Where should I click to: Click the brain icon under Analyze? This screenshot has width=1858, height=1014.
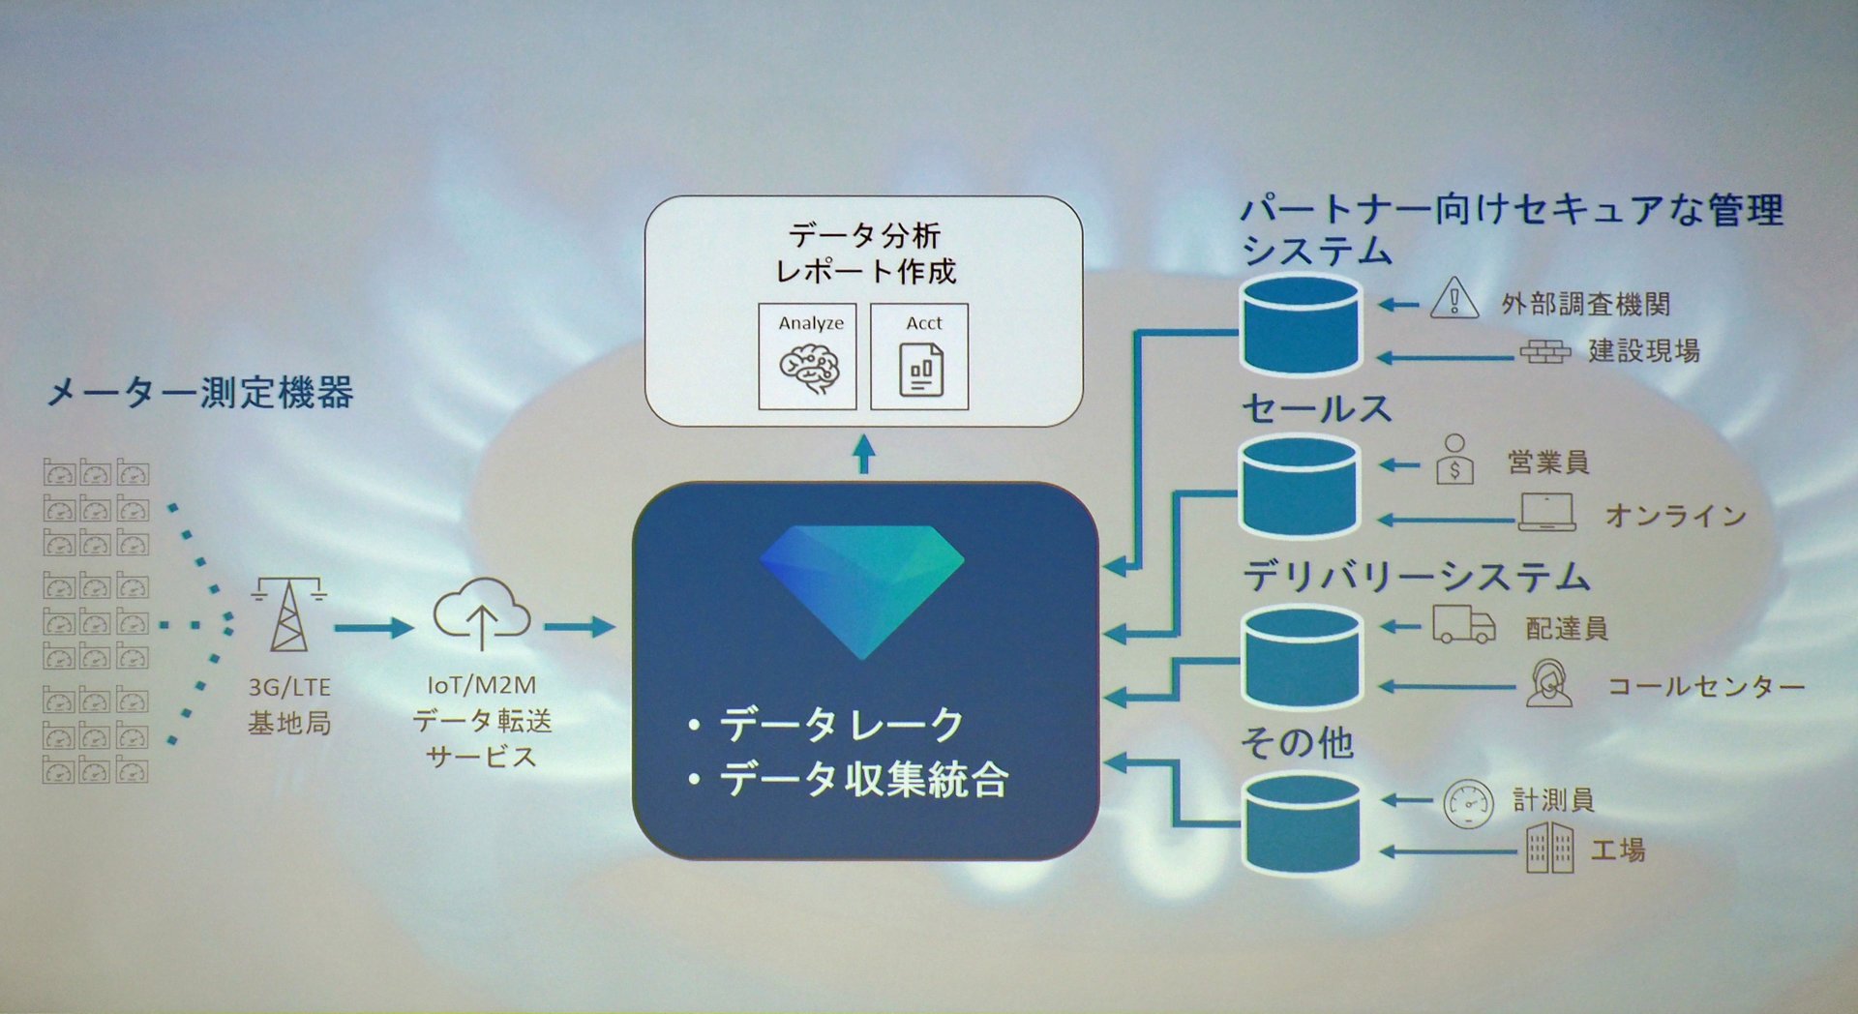coord(809,369)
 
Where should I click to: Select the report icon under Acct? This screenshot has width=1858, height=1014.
coord(920,371)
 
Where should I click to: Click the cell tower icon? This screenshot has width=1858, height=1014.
coord(288,613)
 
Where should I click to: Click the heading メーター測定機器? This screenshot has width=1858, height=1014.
coord(200,393)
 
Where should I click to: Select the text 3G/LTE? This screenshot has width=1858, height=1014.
coord(289,687)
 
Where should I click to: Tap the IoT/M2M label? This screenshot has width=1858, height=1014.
coord(481,685)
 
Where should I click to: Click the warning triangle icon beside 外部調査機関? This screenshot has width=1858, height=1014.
coord(1453,298)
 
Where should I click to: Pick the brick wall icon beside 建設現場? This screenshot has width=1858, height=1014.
coord(1544,351)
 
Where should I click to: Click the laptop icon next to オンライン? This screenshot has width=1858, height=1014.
coord(1545,512)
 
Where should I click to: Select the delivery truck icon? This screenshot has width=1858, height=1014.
coord(1463,625)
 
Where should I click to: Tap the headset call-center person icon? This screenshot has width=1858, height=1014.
coord(1548,683)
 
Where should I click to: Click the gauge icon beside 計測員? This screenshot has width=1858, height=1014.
coord(1468,803)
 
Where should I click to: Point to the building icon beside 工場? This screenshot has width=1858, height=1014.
coord(1549,848)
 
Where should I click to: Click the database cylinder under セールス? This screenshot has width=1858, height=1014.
coord(1301,486)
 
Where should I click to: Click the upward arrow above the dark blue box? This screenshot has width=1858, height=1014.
coord(864,455)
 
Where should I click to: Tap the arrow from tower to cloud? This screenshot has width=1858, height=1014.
coord(374,628)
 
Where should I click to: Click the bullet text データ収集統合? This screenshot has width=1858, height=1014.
coord(863,780)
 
